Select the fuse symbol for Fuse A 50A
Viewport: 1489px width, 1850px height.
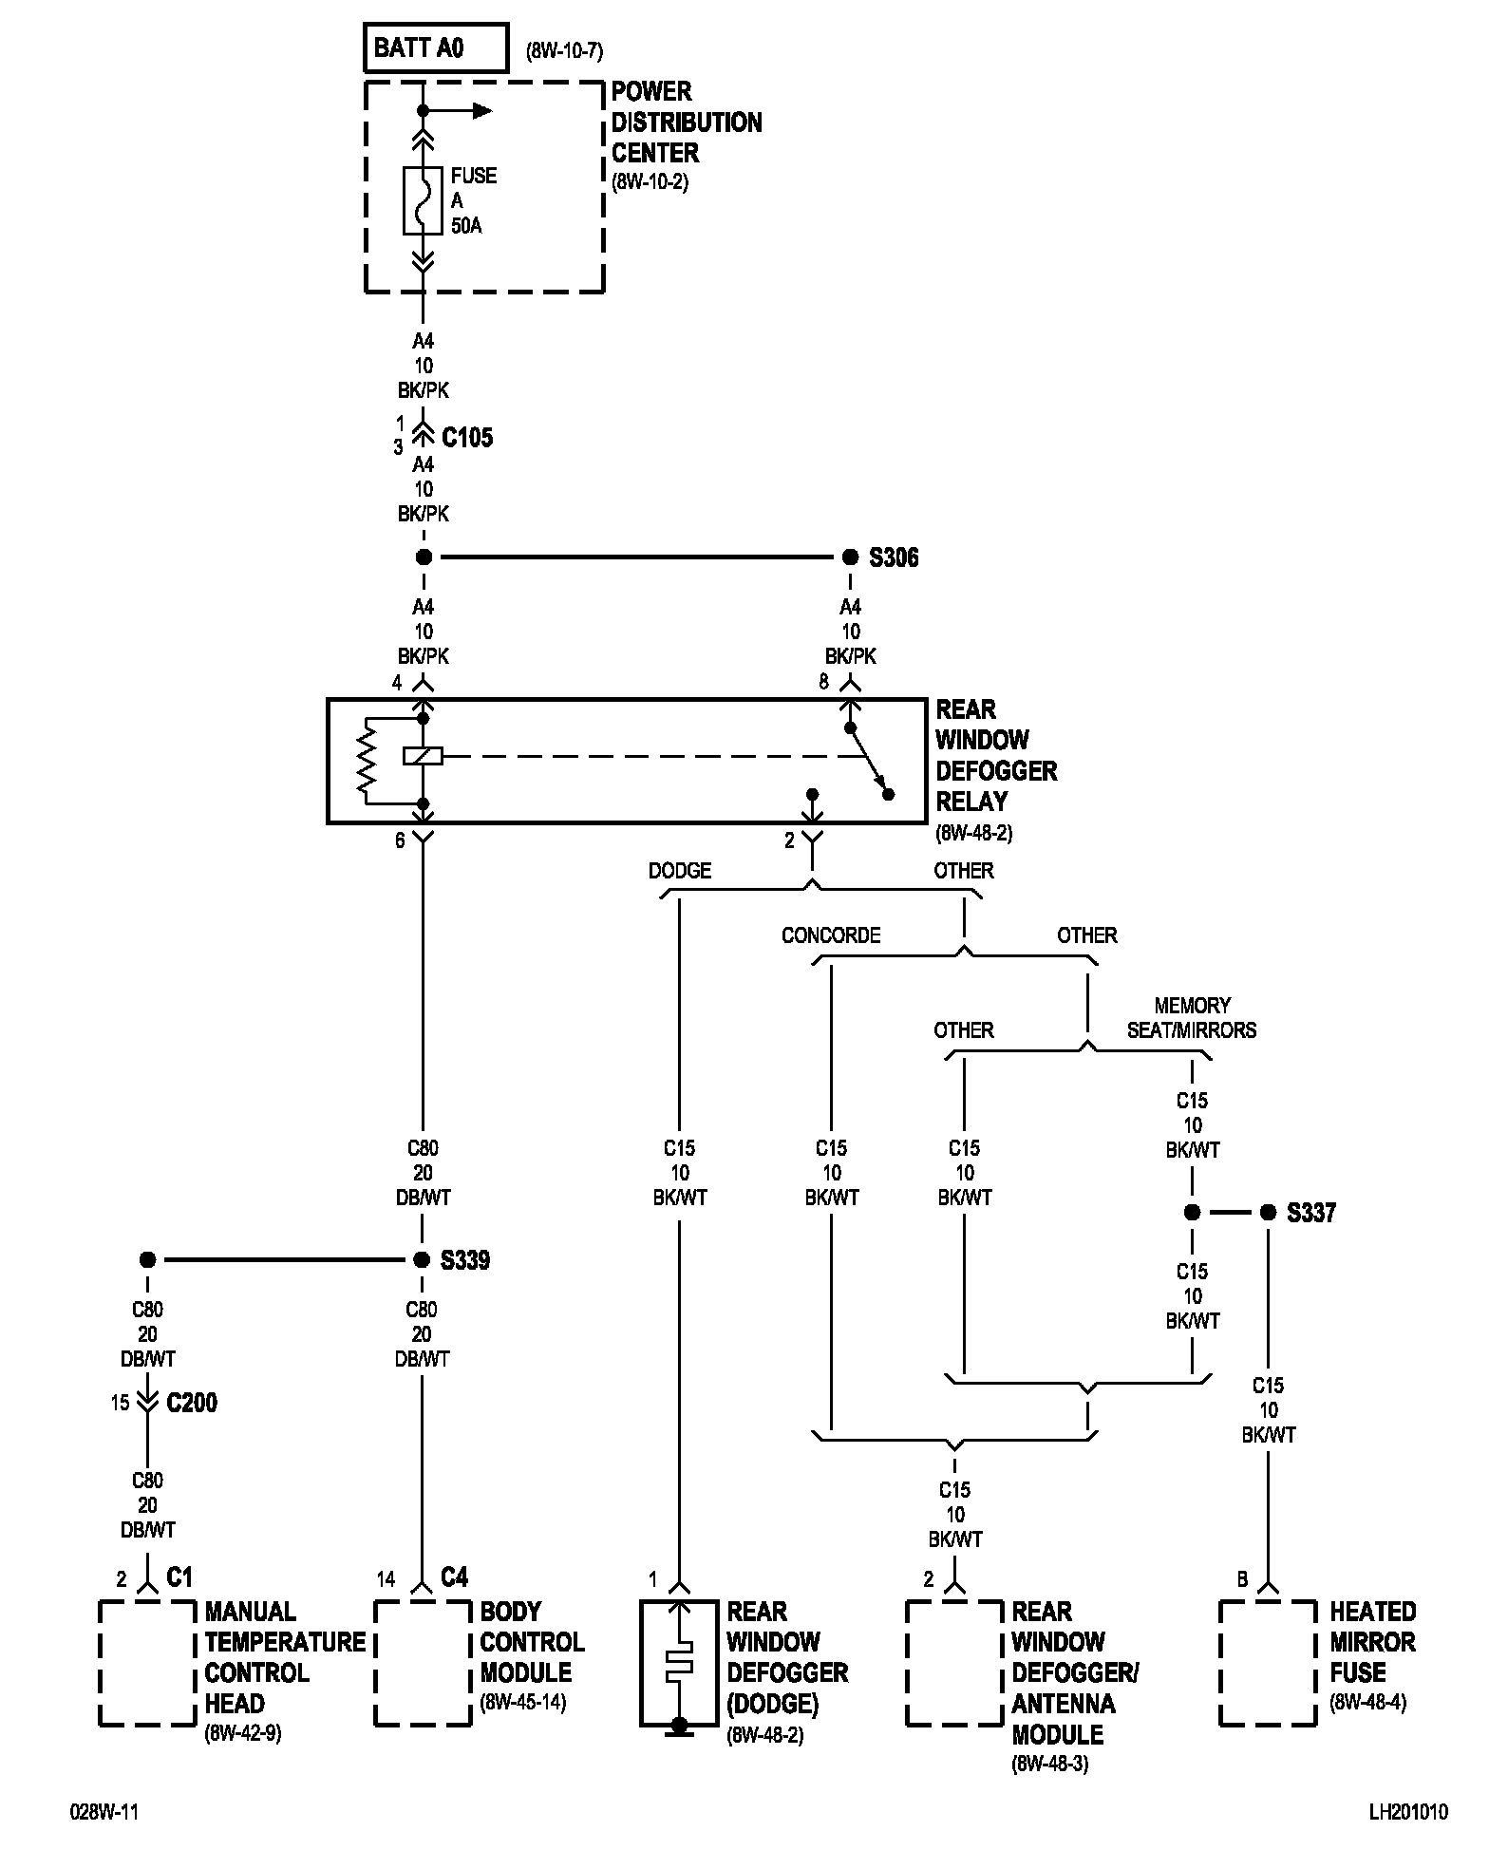coord(424,200)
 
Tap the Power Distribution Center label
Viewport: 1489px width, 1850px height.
coord(686,123)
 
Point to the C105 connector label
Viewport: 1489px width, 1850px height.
coord(468,438)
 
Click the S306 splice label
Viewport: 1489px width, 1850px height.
coord(894,557)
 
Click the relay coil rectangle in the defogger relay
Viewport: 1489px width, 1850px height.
coord(423,757)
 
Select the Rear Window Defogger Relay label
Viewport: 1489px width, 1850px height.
coord(996,755)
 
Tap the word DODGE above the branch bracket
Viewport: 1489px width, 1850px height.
coord(680,871)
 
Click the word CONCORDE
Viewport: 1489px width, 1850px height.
coord(831,935)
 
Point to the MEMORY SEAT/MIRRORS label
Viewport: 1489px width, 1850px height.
coord(1192,1017)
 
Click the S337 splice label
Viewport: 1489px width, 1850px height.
coord(1311,1213)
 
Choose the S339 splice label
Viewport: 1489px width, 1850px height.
coord(465,1260)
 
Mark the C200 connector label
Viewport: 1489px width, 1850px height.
coord(192,1403)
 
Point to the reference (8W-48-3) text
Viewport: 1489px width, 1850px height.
coord(1049,1764)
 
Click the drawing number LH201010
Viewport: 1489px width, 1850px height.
coord(1408,1812)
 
